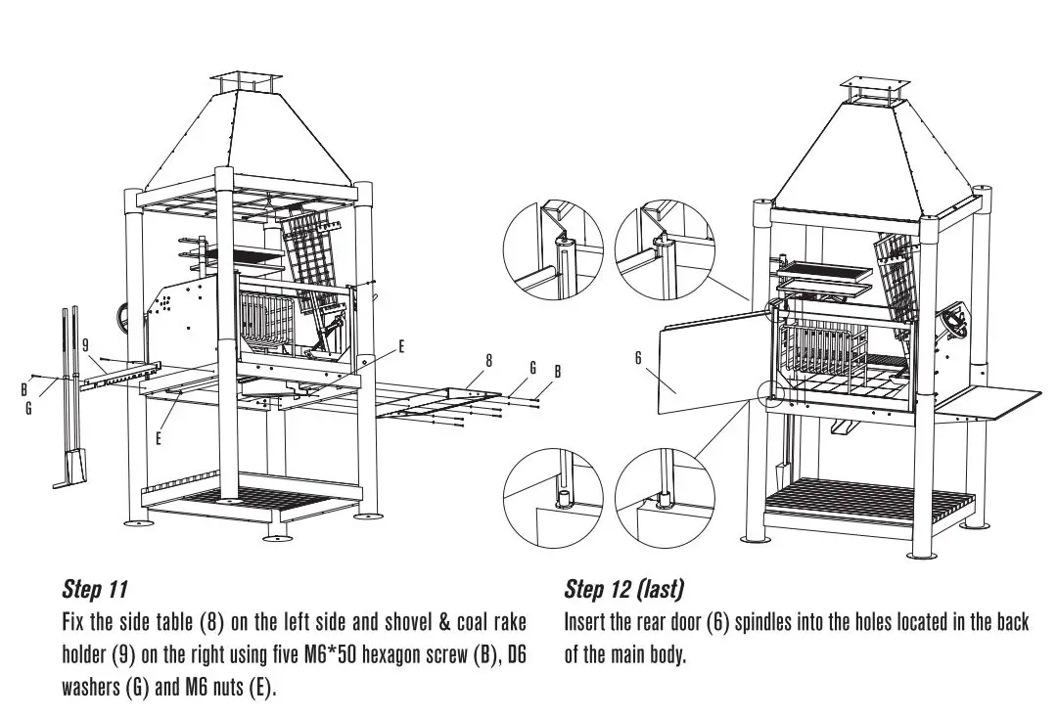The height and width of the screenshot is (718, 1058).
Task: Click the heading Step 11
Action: [95, 590]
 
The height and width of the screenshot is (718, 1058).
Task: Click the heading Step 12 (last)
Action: [623, 590]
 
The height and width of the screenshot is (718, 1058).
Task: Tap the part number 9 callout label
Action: [86, 344]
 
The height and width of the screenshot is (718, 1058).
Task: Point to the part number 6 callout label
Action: [638, 359]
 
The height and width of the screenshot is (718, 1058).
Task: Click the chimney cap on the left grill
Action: [244, 82]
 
